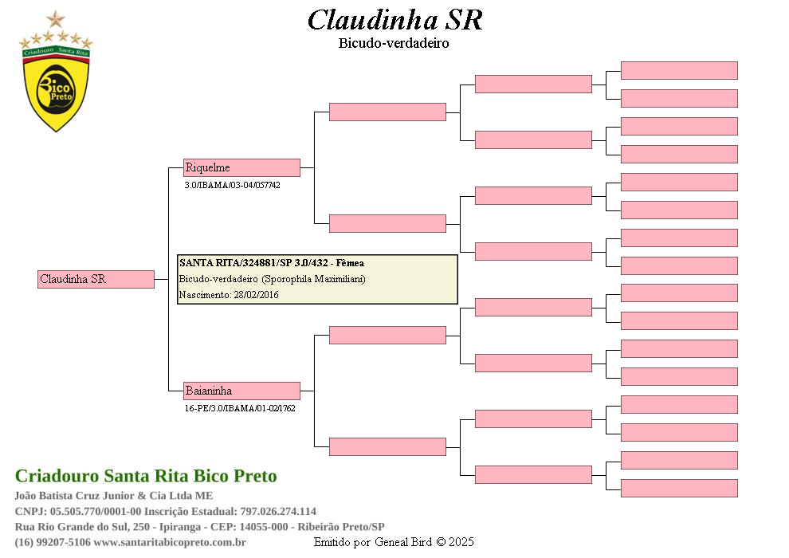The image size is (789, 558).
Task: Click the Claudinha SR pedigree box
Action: [96, 279]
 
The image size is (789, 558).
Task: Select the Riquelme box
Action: [241, 167]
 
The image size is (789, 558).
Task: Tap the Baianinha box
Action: [241, 391]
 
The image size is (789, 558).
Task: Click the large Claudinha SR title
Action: [395, 21]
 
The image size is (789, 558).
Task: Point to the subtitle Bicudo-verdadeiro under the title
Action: [394, 43]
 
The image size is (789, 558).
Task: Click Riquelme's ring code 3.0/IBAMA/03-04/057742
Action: [233, 185]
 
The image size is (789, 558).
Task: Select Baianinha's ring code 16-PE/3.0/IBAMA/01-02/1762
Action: [240, 409]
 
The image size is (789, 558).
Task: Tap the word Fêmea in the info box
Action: [350, 263]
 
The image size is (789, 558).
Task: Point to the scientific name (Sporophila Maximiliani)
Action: [313, 279]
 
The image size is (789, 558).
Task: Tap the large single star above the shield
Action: [56, 20]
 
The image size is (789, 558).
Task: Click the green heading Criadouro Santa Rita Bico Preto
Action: [146, 476]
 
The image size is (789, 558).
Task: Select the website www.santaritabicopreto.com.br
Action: [170, 542]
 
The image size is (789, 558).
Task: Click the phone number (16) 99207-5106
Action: [53, 542]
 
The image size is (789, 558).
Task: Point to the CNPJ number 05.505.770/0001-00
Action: [96, 511]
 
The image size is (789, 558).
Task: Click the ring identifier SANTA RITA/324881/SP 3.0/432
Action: [253, 263]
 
